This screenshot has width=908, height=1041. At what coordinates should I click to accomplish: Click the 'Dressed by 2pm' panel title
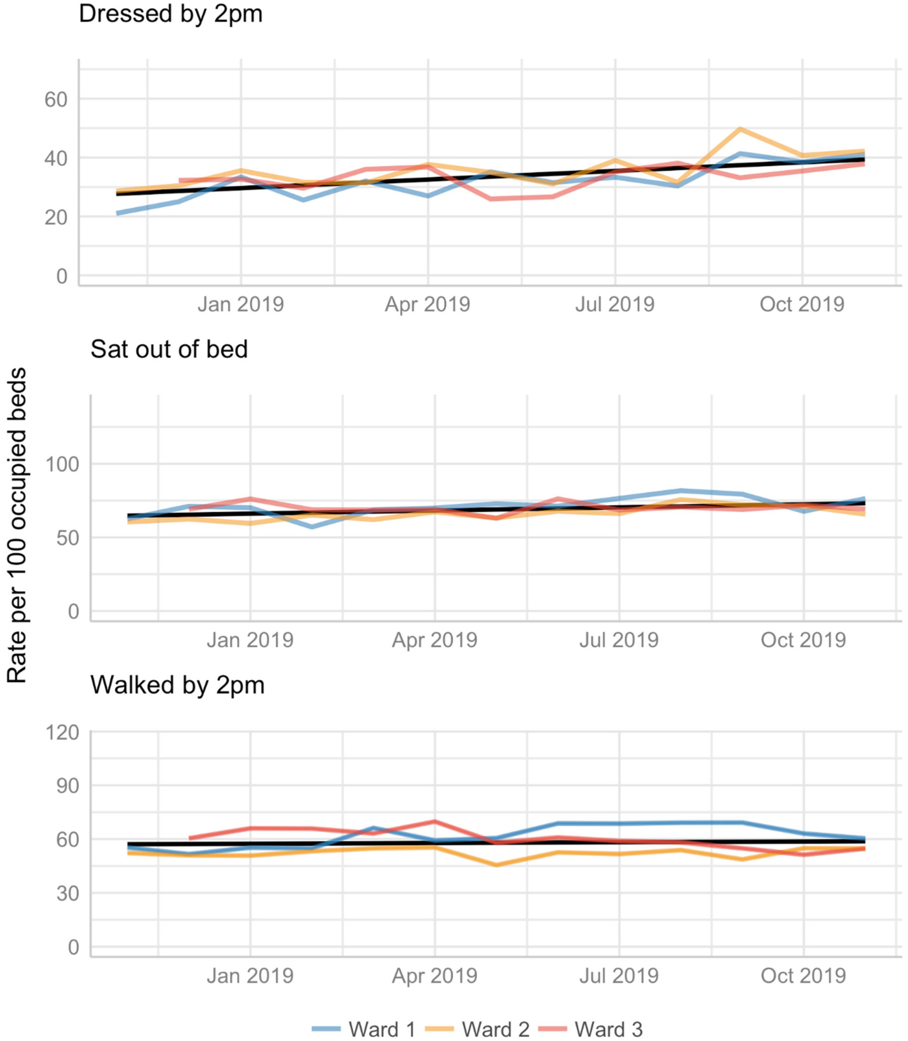point(171,14)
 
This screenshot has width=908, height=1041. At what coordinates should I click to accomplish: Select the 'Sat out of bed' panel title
point(169,350)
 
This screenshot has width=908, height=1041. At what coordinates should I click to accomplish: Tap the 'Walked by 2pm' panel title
point(177,685)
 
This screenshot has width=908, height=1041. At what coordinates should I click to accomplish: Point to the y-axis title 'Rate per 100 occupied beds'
point(17,525)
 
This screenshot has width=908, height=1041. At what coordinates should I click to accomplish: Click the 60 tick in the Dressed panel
point(56,100)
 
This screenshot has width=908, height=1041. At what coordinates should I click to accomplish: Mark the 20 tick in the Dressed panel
point(56,218)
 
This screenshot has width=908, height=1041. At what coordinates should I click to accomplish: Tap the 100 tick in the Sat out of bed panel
point(63,464)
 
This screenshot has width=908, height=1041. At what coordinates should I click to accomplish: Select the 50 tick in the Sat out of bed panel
point(68,538)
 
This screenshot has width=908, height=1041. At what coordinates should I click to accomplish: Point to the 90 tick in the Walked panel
point(68,786)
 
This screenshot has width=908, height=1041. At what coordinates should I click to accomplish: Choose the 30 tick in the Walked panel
point(68,894)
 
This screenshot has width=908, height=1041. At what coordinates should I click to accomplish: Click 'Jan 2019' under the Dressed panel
point(241,304)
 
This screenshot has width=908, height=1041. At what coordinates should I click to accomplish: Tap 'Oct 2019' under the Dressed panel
point(802,304)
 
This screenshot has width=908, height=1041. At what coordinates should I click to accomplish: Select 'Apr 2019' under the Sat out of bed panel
point(435,640)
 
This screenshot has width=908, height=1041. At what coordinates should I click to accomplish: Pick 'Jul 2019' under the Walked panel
point(619,976)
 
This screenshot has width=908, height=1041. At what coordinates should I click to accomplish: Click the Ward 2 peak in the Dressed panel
point(740,129)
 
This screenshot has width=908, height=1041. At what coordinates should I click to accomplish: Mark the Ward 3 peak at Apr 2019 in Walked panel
point(435,821)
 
